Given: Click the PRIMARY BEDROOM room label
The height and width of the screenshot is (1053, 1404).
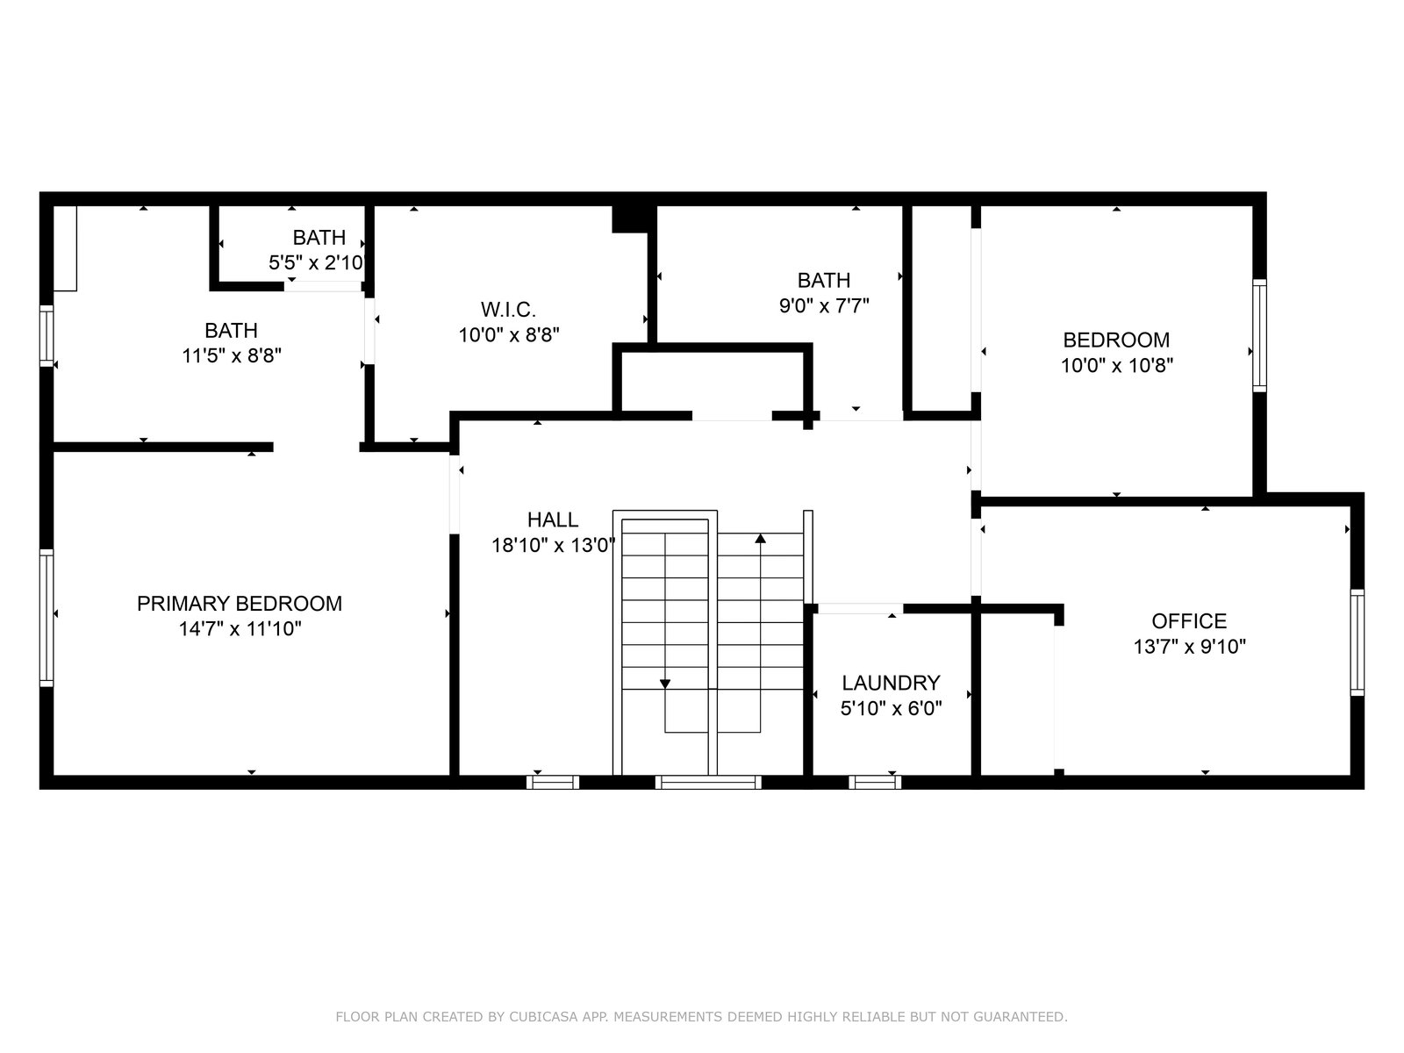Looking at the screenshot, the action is [240, 604].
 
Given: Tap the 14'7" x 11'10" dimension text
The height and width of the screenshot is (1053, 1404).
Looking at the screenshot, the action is [240, 629].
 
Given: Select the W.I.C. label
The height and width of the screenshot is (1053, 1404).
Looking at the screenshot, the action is [508, 310].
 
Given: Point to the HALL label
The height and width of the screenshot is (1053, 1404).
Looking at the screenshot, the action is [553, 519].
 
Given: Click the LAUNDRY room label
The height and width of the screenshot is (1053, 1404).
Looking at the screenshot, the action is [891, 683].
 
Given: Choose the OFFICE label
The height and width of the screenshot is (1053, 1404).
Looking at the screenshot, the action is [1189, 620].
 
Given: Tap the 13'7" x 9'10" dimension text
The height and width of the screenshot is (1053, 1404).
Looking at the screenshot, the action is [1190, 647].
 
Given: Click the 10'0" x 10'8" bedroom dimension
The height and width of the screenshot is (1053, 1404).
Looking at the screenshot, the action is [1117, 365].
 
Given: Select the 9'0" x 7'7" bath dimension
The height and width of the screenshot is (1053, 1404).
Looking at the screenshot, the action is [824, 305].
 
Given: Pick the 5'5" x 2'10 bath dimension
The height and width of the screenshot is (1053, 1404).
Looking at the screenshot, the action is [316, 262].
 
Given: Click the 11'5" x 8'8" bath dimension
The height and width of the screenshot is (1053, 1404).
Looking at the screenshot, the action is [232, 355].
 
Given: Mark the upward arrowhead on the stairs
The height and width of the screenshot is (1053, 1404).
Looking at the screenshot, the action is [760, 538].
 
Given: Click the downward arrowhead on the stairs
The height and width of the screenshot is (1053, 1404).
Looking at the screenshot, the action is [664, 684].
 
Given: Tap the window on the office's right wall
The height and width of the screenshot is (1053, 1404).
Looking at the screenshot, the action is [1357, 642].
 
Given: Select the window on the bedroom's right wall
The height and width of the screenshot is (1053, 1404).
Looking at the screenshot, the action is [1259, 335].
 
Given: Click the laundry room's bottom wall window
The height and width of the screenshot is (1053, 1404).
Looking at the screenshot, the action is [875, 782].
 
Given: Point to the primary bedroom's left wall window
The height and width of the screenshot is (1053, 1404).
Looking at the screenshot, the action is [46, 618].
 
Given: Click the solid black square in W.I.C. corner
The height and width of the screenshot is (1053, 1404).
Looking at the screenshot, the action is [630, 218].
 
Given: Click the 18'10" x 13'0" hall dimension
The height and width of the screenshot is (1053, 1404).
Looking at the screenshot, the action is [554, 545].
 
